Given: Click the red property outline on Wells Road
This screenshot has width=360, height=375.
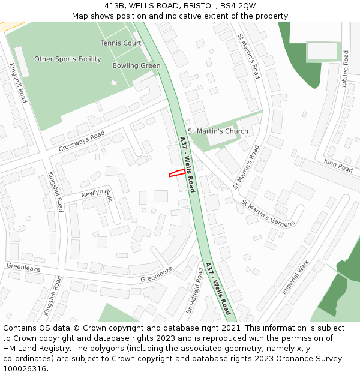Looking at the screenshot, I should (x=176, y=173).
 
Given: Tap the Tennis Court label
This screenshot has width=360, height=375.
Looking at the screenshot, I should (x=121, y=43).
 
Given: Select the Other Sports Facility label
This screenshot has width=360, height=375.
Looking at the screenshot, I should (x=68, y=59).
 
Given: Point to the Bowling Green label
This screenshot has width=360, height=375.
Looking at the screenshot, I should (x=136, y=66).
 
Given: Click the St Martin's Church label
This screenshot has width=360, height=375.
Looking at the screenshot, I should (x=218, y=131).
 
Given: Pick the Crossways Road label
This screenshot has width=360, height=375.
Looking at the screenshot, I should (x=82, y=141).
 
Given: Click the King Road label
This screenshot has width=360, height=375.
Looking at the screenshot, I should (x=338, y=166).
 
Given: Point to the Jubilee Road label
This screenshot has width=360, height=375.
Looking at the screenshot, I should (x=345, y=70).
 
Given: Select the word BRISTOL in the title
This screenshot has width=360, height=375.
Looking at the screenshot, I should (x=202, y=6).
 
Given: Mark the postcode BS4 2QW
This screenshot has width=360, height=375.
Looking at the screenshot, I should (x=239, y=6).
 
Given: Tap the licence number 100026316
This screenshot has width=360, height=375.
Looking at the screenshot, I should (x=25, y=368).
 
